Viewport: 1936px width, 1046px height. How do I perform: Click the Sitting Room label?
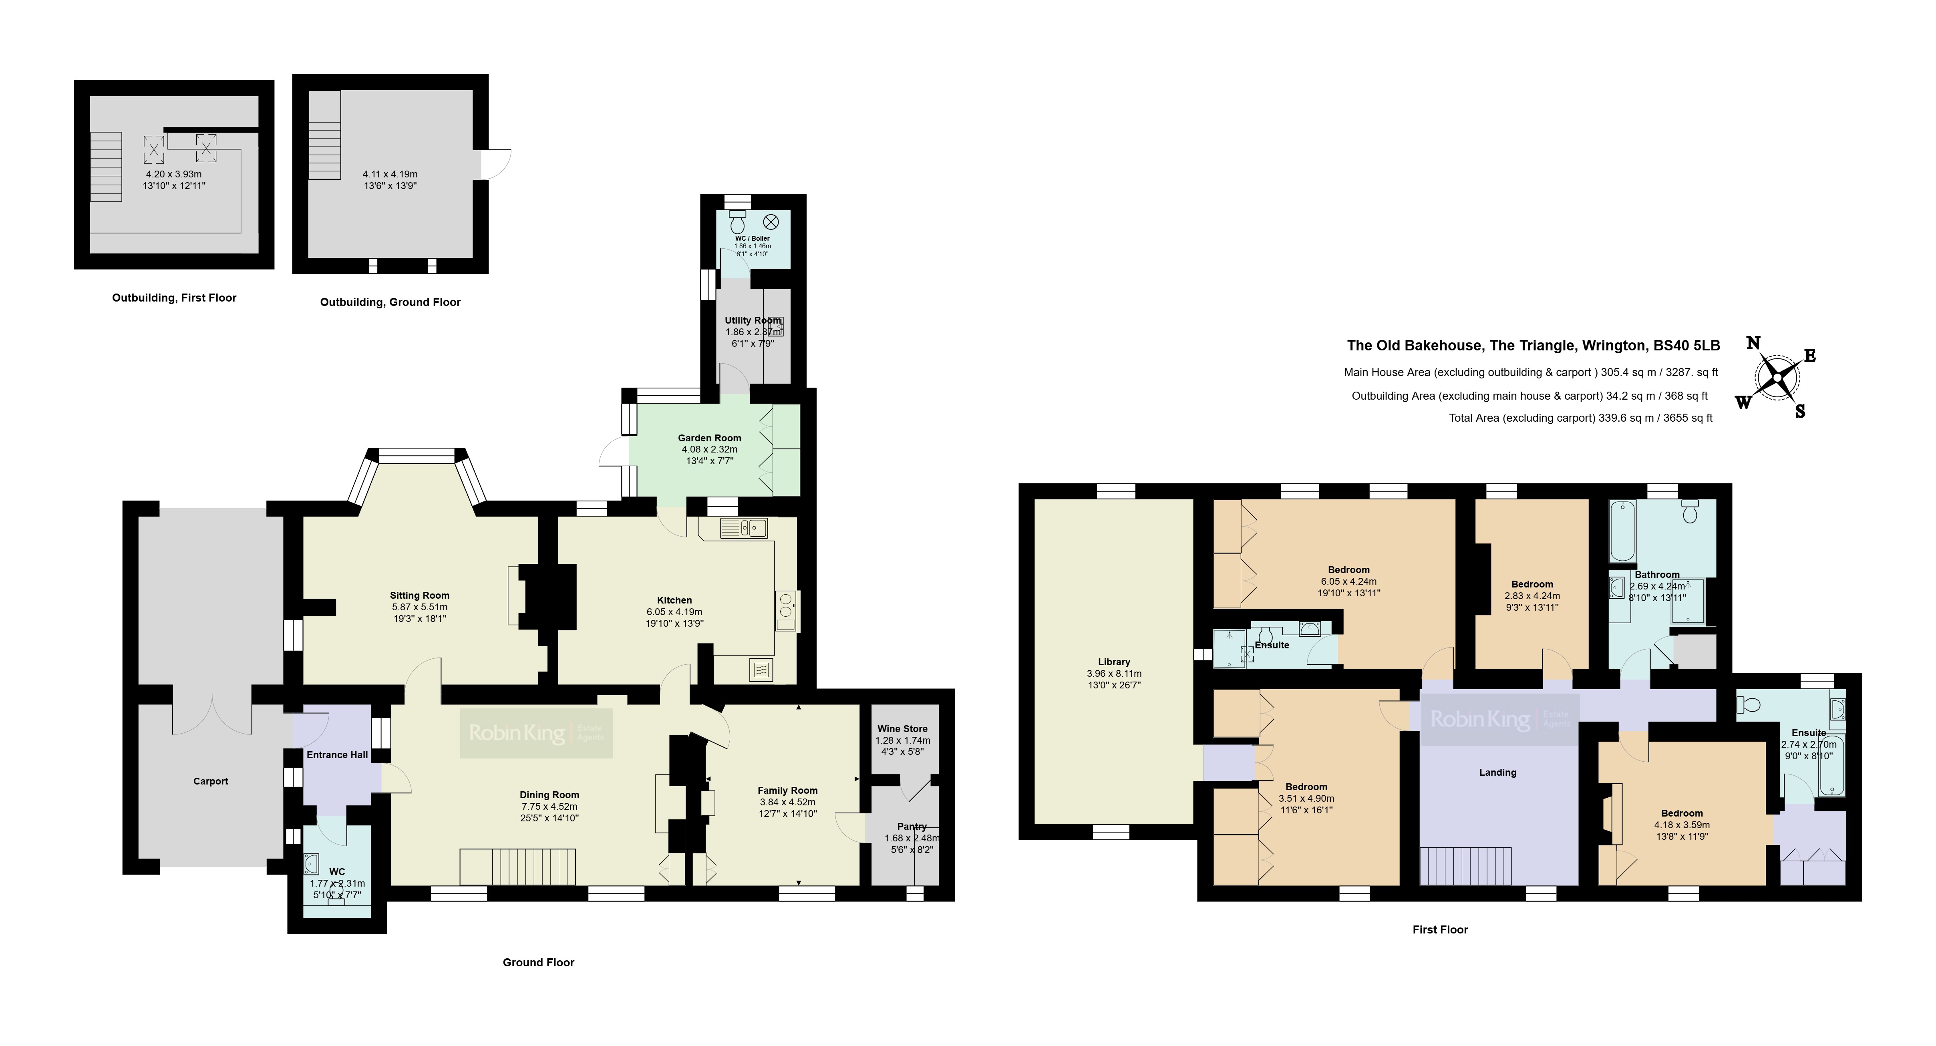click(x=419, y=595)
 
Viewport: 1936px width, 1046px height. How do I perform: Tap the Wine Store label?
click(x=903, y=728)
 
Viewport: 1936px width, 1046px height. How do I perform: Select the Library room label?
click(x=1114, y=662)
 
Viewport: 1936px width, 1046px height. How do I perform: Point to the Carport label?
click(x=210, y=781)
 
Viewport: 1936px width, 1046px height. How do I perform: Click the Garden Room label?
click(x=709, y=437)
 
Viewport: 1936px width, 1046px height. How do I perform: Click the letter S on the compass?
click(x=1800, y=411)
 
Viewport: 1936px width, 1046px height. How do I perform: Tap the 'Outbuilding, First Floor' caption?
click(x=174, y=298)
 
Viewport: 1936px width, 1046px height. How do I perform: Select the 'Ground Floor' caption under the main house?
click(x=538, y=962)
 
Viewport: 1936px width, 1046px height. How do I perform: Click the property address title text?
click(x=1533, y=346)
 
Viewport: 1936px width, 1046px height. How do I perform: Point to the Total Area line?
click(x=1580, y=418)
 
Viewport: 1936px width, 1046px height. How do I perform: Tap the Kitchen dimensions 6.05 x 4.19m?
click(x=674, y=612)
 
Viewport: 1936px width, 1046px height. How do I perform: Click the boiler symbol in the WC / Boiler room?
click(x=771, y=222)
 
